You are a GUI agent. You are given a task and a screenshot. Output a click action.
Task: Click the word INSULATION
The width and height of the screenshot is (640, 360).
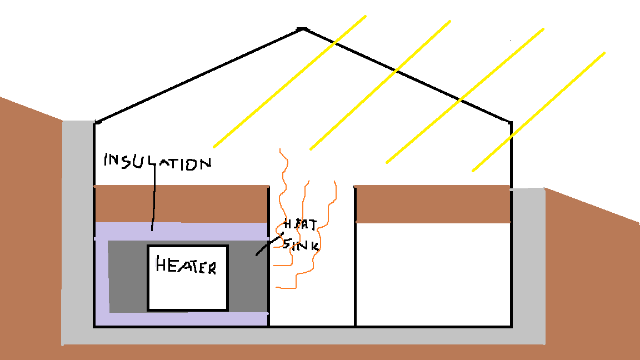point(158,161)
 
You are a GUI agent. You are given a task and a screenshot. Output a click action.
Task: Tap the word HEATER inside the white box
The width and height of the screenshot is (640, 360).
point(186,266)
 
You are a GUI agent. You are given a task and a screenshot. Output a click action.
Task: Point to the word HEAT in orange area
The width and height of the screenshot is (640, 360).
point(301,224)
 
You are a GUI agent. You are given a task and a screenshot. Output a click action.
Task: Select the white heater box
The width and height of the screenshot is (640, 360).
point(188,278)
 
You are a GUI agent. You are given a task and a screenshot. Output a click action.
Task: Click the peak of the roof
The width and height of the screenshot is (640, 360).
point(302,28)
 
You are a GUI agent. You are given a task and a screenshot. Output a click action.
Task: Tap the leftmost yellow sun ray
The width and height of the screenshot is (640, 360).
point(290,82)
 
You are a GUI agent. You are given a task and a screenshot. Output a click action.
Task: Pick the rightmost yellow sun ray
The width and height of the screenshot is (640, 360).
point(538,112)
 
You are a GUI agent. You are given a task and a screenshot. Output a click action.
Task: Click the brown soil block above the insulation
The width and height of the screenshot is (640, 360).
point(181,204)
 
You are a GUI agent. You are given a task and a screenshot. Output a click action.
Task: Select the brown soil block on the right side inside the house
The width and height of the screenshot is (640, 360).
point(433,204)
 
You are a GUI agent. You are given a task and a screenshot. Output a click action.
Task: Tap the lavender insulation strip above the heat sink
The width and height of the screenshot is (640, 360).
point(181,232)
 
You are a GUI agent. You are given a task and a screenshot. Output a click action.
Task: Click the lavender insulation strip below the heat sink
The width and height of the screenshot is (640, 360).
point(188,319)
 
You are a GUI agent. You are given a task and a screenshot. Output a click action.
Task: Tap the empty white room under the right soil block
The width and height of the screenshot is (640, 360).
point(433,274)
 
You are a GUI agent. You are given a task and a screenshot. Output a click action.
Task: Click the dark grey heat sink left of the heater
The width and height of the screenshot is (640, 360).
point(127,276)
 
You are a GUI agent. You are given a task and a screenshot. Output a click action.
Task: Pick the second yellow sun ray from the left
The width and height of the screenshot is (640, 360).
point(381,85)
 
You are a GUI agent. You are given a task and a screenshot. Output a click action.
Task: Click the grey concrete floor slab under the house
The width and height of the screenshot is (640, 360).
point(303,336)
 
